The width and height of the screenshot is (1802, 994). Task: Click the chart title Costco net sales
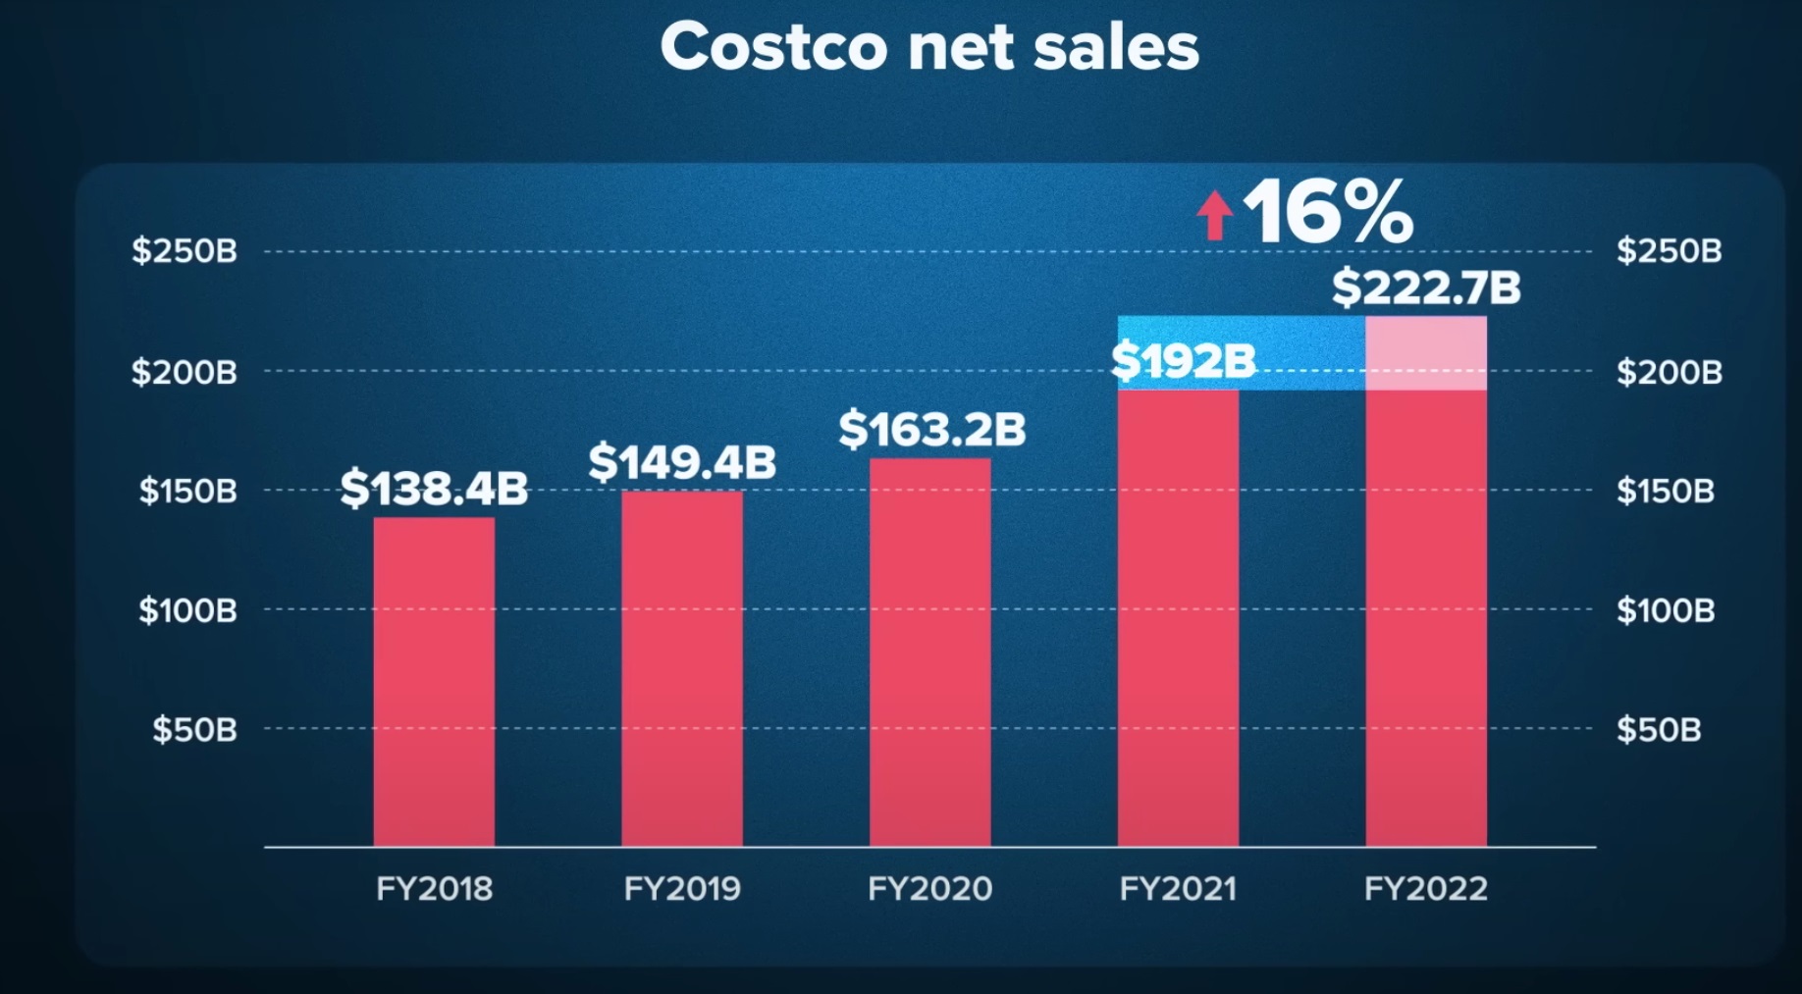pyautogui.click(x=929, y=46)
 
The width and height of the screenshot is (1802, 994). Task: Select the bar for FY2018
pyautogui.click(x=434, y=681)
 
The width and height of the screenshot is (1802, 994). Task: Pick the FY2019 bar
pyautogui.click(x=682, y=667)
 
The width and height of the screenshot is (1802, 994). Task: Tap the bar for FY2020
pyautogui.click(x=930, y=652)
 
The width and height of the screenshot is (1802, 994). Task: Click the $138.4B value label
pyautogui.click(x=434, y=488)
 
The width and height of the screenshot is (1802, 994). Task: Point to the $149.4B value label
pyautogui.click(x=682, y=461)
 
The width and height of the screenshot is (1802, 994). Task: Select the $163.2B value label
pyautogui.click(x=931, y=429)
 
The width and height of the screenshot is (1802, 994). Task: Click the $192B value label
pyautogui.click(x=1183, y=361)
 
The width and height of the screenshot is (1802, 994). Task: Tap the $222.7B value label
pyautogui.click(x=1425, y=288)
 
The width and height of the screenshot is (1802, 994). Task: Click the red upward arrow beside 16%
pyautogui.click(x=1214, y=215)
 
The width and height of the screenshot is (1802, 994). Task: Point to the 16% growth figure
pyautogui.click(x=1327, y=212)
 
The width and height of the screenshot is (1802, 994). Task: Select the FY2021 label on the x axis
pyautogui.click(x=1178, y=889)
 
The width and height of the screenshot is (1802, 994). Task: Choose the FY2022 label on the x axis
pyautogui.click(x=1426, y=889)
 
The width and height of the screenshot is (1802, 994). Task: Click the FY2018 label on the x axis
pyautogui.click(x=434, y=889)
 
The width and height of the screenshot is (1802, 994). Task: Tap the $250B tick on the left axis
pyautogui.click(x=185, y=251)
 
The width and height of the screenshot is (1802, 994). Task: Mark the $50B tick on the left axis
pyautogui.click(x=194, y=729)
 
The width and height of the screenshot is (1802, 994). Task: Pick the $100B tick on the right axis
pyautogui.click(x=1666, y=610)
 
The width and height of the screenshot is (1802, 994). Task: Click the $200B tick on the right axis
pyautogui.click(x=1669, y=372)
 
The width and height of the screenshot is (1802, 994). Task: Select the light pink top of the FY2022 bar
pyautogui.click(x=1426, y=352)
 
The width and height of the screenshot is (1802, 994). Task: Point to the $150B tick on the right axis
pyautogui.click(x=1666, y=490)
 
